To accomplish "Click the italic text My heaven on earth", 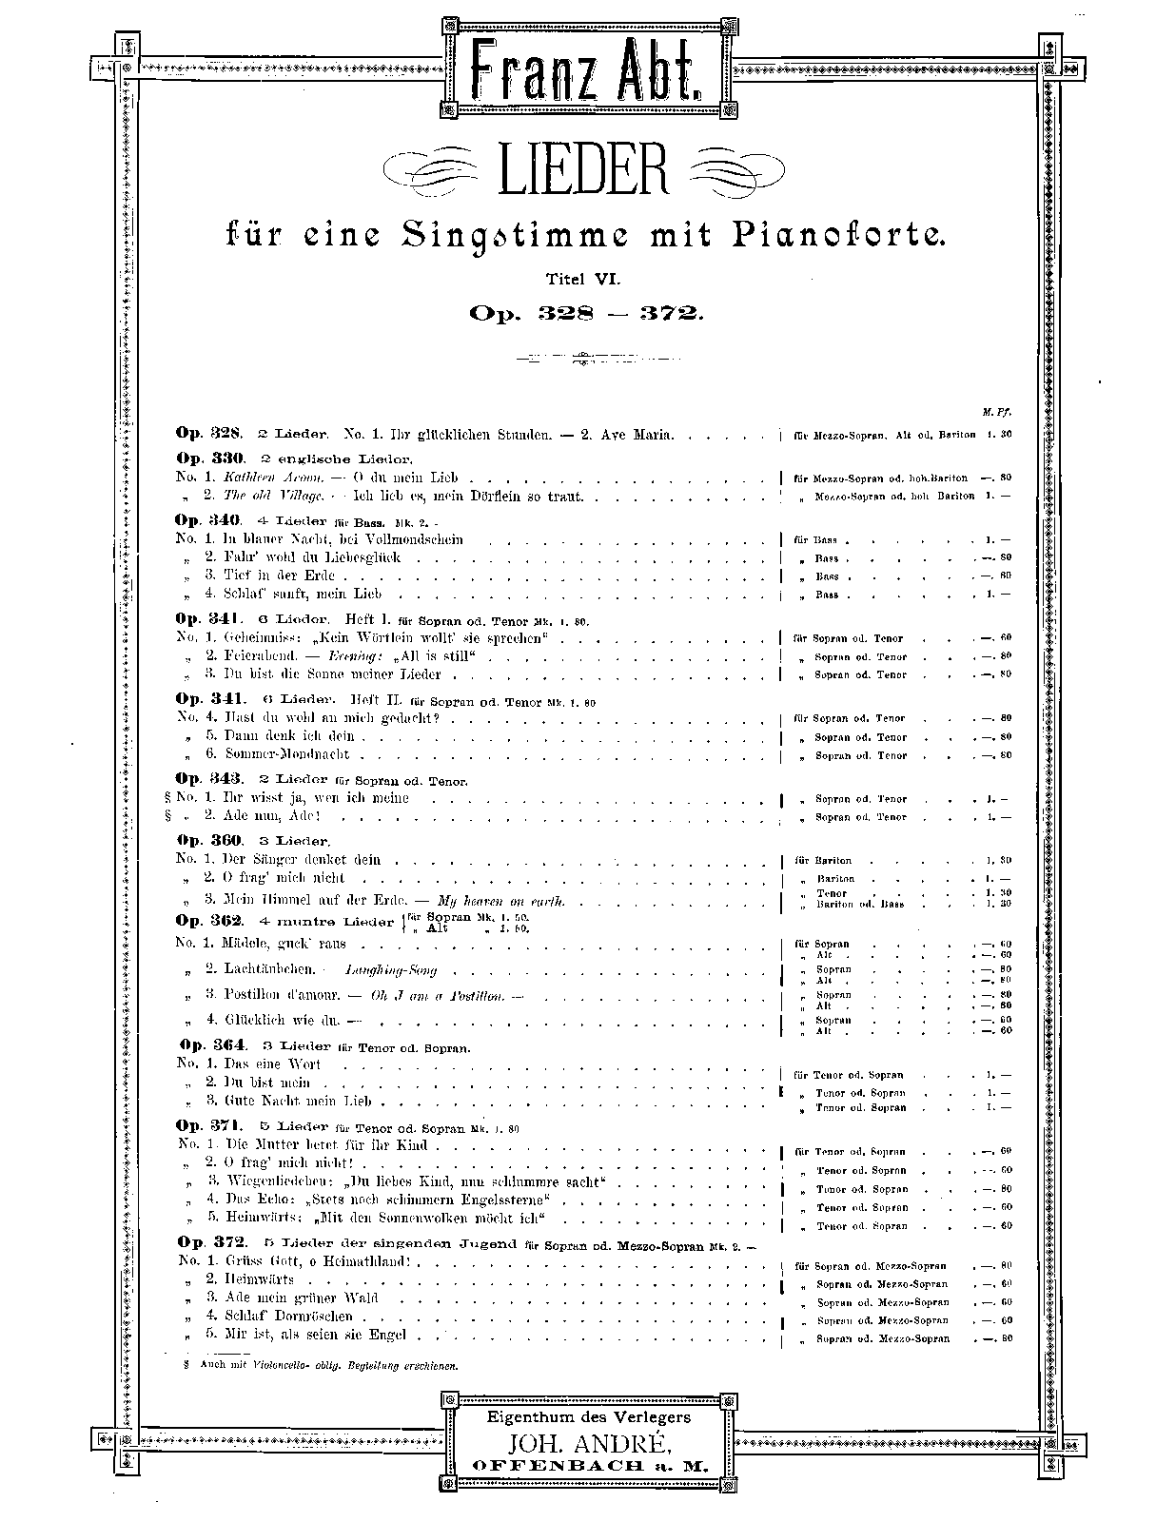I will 501,901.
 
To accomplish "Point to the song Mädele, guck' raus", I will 284,944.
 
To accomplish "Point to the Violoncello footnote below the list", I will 323,1366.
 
